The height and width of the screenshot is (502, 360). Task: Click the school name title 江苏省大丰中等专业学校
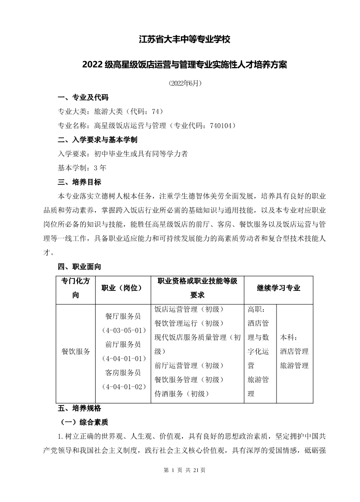tap(185, 40)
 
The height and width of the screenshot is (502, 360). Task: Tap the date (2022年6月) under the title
tap(185, 83)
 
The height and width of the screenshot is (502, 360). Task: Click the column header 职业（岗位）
tap(122, 288)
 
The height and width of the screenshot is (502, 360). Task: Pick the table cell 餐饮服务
tap(76, 352)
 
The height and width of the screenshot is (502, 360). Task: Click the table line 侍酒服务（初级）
tap(181, 394)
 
